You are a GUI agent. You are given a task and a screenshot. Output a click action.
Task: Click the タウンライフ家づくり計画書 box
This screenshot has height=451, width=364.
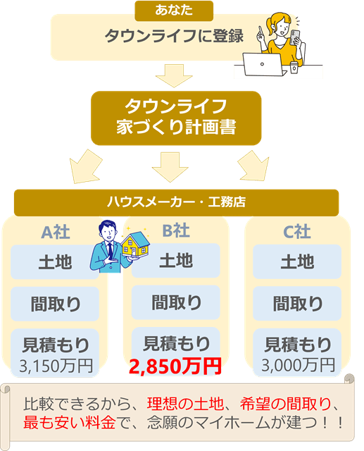[176, 117]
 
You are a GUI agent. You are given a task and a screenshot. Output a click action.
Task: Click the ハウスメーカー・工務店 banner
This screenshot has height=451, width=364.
[176, 202]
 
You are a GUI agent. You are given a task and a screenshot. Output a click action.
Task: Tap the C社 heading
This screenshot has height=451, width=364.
[297, 230]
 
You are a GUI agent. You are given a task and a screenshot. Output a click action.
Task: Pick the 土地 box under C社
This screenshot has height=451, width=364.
[297, 262]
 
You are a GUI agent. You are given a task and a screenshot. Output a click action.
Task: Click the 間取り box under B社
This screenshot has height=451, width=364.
[177, 302]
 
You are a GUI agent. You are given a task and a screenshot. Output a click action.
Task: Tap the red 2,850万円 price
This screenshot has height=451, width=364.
[175, 366]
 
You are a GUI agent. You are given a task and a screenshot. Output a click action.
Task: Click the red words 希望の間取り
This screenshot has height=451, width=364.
[287, 405]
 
